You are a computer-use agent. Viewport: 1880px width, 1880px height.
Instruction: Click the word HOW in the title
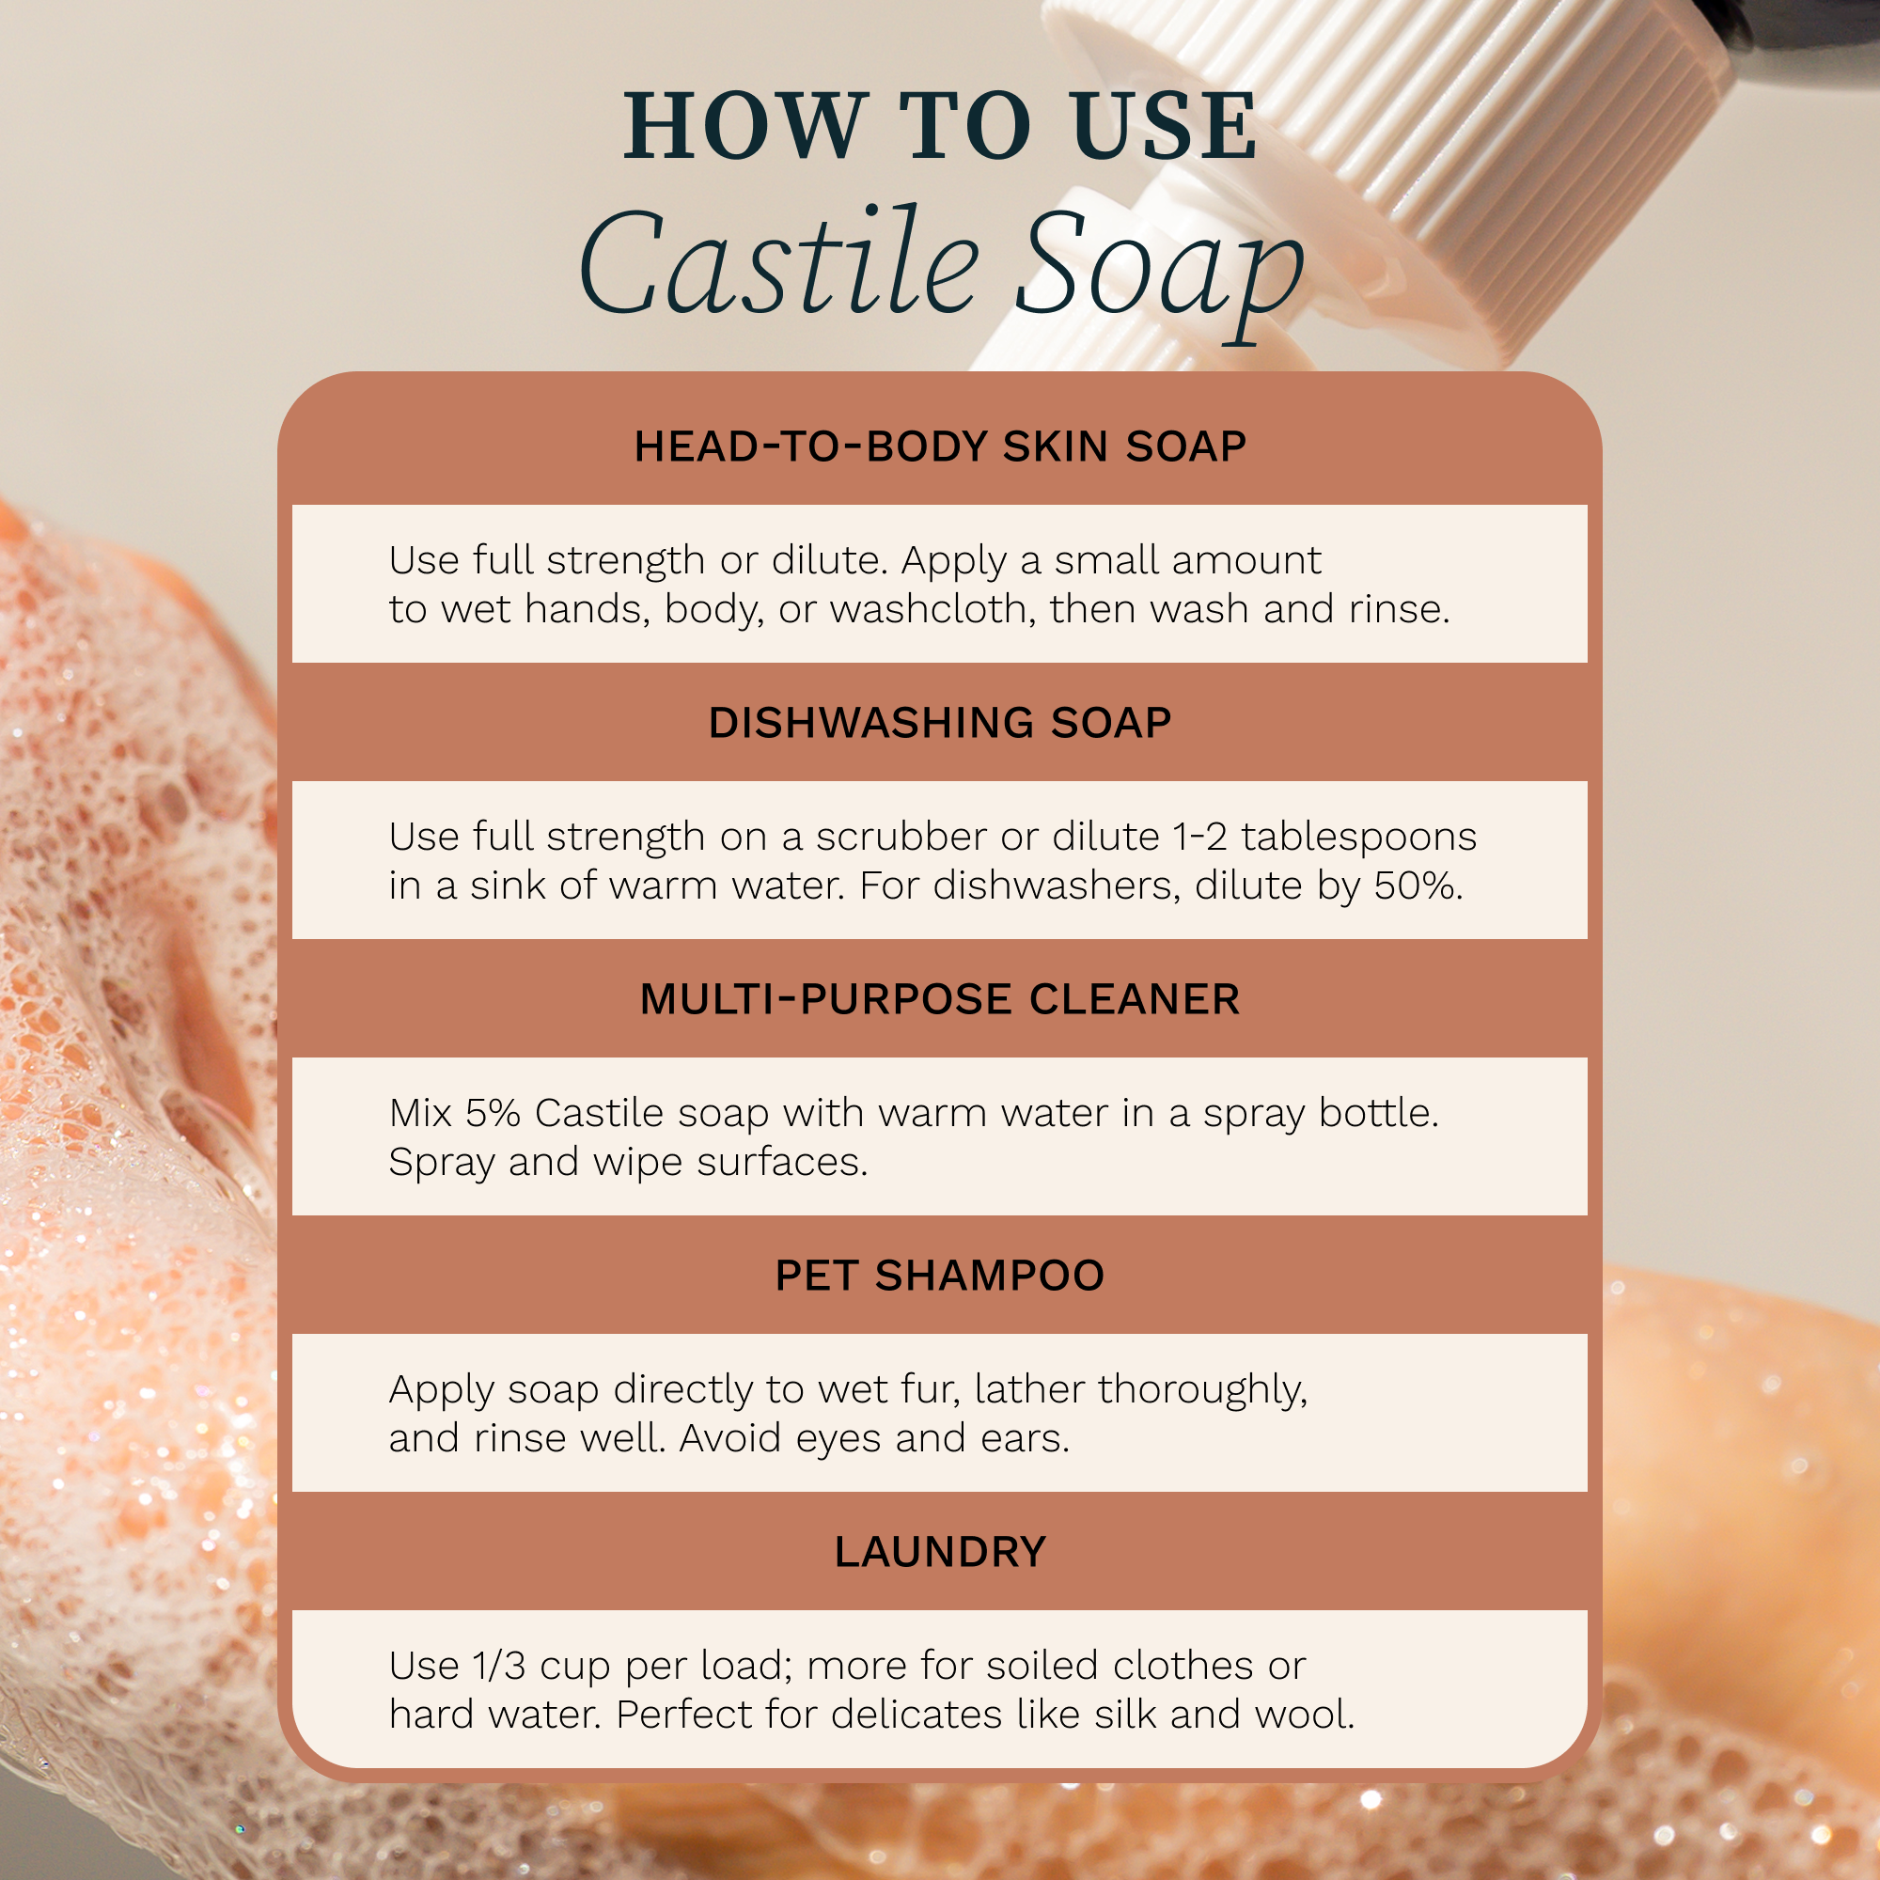click(x=744, y=127)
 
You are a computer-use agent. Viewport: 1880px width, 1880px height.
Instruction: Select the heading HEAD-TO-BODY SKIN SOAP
click(x=940, y=446)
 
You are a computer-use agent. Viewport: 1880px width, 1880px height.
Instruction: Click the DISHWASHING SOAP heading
click(x=940, y=723)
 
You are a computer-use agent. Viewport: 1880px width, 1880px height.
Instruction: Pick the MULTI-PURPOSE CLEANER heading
click(x=940, y=999)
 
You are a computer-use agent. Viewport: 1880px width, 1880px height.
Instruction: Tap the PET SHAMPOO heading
click(x=940, y=1276)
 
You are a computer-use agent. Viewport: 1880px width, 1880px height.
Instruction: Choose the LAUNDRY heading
click(x=940, y=1552)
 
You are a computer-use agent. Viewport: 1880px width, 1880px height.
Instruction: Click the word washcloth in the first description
click(x=932, y=609)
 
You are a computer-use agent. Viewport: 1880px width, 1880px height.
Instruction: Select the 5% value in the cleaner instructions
click(x=493, y=1113)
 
